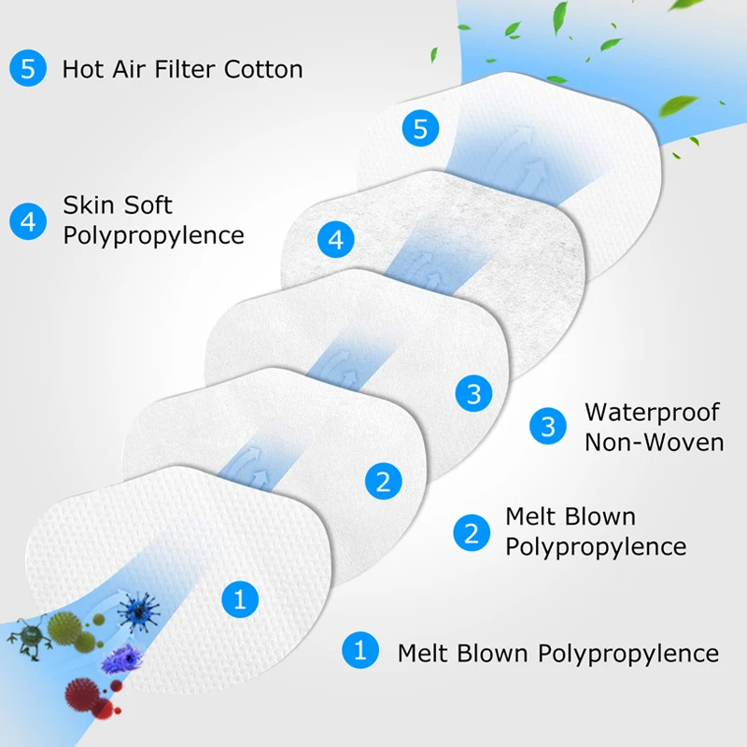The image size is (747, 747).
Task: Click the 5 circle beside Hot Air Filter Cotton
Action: point(27,68)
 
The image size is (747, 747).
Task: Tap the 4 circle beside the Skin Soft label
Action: point(27,221)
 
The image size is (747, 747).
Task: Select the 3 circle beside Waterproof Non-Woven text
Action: point(548,426)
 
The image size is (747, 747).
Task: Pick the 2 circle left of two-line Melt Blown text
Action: point(471,532)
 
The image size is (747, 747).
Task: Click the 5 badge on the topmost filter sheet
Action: point(420,129)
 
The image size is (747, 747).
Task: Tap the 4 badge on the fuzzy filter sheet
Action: point(336,240)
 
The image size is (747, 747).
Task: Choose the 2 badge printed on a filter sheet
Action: point(383,482)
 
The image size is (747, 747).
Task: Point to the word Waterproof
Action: point(654,412)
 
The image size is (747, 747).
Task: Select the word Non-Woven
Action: point(654,442)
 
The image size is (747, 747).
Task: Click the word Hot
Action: point(82,69)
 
